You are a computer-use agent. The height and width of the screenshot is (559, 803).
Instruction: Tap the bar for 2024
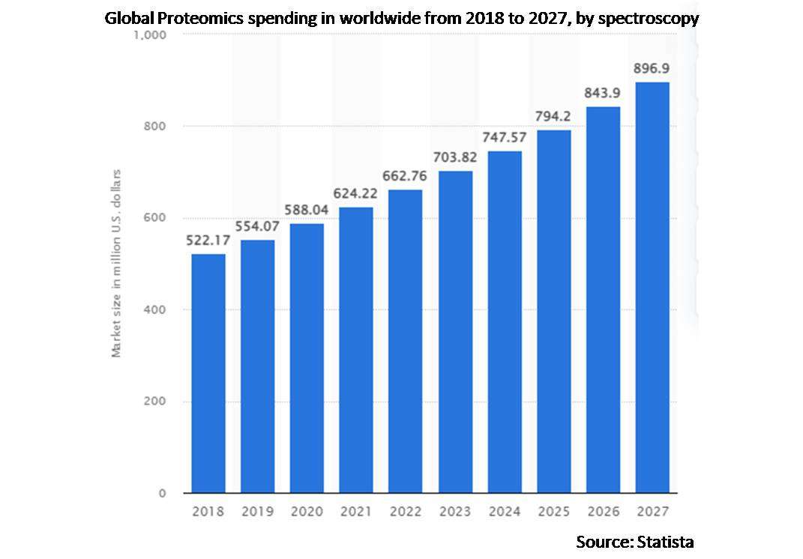pyautogui.click(x=504, y=322)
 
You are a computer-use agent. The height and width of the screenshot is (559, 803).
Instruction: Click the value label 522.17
pyautogui.click(x=208, y=241)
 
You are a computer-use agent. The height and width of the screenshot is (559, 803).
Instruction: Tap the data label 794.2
pyautogui.click(x=553, y=116)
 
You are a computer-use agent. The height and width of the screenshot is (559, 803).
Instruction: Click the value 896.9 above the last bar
pyautogui.click(x=652, y=68)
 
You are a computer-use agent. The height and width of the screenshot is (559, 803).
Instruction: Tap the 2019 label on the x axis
pyautogui.click(x=257, y=512)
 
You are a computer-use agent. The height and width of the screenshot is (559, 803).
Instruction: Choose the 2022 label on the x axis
pyautogui.click(x=405, y=512)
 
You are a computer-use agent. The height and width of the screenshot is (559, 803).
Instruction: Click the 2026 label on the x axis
pyautogui.click(x=603, y=512)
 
